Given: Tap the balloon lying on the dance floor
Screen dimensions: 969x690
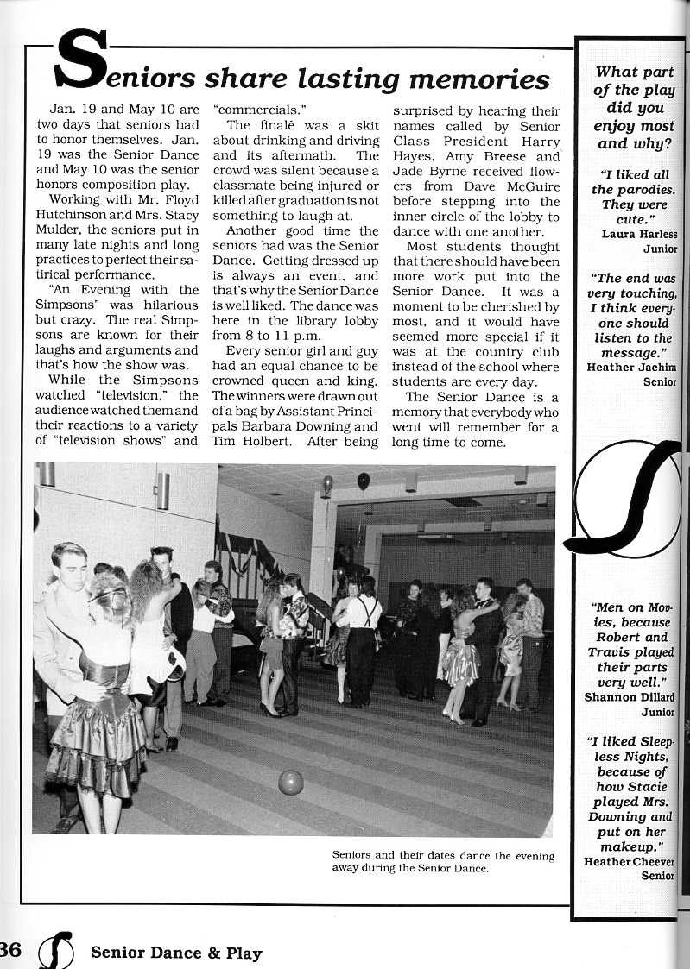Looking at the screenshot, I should [x=291, y=782].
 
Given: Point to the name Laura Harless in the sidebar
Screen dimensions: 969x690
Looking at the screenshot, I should [x=639, y=234].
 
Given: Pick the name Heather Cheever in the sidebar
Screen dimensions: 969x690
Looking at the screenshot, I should [x=629, y=861].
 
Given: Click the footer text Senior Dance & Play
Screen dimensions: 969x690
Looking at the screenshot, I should [x=175, y=953].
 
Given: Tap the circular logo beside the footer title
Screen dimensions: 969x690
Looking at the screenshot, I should [x=56, y=950].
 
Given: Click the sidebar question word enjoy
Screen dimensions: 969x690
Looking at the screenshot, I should [x=613, y=126].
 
